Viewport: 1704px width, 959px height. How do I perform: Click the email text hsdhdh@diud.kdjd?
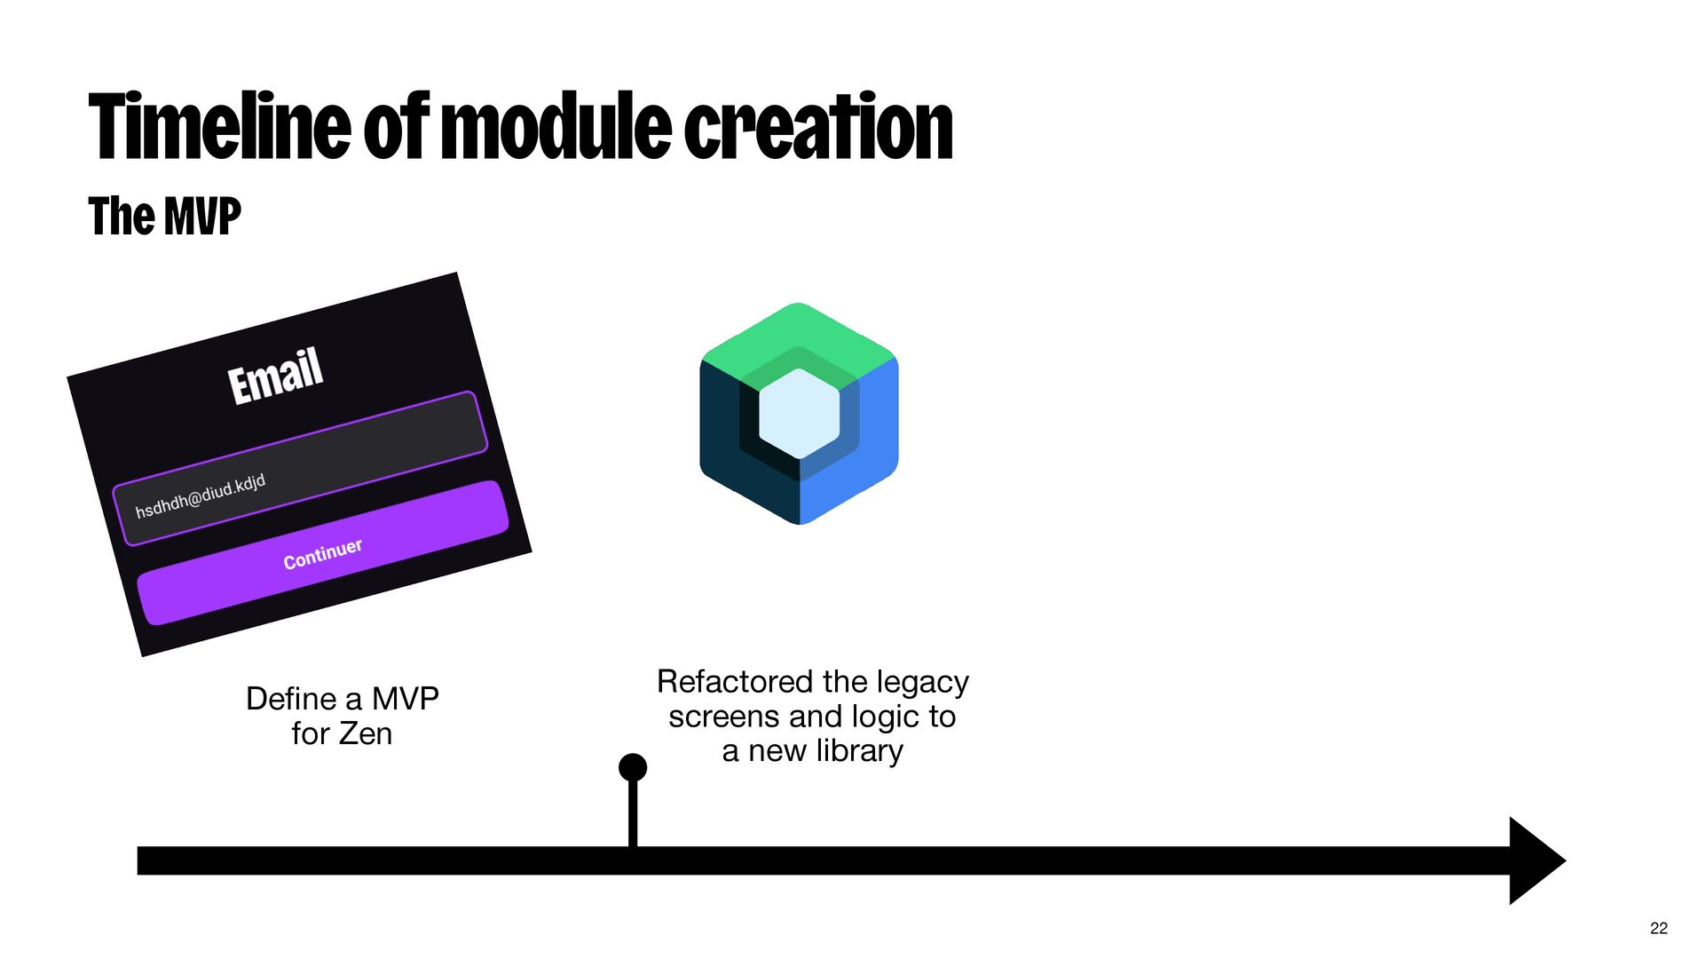click(x=201, y=497)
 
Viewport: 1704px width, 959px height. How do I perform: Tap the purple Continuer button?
click(x=323, y=552)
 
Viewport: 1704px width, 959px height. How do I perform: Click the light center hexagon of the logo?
click(x=800, y=413)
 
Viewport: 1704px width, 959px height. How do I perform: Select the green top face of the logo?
click(x=799, y=333)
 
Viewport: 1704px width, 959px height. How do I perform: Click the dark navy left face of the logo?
click(x=723, y=444)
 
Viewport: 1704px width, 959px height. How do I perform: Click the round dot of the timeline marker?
click(x=633, y=767)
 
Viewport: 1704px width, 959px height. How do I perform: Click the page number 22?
click(x=1659, y=928)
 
